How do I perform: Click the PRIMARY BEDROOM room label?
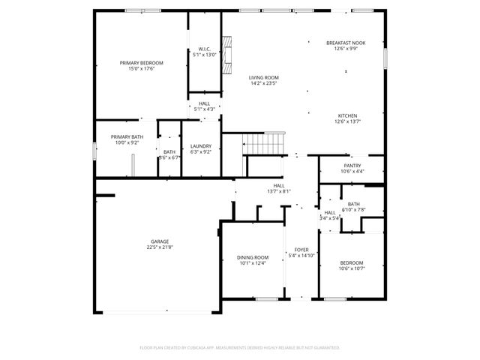(141, 63)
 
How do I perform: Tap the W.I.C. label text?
(204, 49)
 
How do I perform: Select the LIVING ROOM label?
(264, 77)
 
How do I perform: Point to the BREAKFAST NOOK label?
(345, 43)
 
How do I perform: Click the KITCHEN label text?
(346, 115)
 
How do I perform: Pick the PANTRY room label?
(352, 166)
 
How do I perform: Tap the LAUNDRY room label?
(201, 146)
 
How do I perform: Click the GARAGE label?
(158, 242)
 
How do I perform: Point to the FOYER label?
(301, 250)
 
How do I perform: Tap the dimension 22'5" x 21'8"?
(158, 248)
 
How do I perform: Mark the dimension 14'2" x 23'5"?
(264, 83)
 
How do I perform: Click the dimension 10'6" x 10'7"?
(351, 268)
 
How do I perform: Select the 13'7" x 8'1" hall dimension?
(278, 191)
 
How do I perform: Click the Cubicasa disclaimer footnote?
(240, 347)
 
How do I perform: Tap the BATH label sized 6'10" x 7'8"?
(353, 204)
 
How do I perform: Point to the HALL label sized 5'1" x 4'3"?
(204, 103)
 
